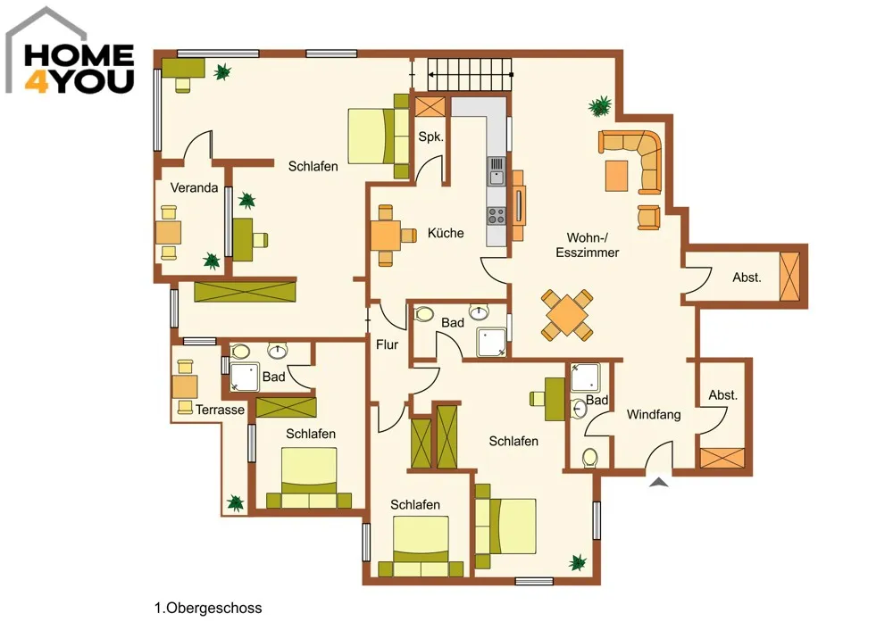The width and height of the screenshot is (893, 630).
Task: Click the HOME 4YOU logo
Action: pyautogui.click(x=71, y=51)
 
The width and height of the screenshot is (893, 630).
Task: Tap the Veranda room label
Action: pyautogui.click(x=194, y=187)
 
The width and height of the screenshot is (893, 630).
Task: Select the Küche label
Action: pyautogui.click(x=446, y=233)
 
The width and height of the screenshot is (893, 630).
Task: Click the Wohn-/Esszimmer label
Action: pyautogui.click(x=588, y=245)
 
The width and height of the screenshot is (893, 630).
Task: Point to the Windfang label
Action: pyautogui.click(x=654, y=414)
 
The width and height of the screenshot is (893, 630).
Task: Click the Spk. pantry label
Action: pyautogui.click(x=430, y=137)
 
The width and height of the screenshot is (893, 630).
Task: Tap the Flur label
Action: pyautogui.click(x=387, y=344)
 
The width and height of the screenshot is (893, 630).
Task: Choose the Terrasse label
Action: pyautogui.click(x=220, y=410)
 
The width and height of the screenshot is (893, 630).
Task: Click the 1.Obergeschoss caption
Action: pyautogui.click(x=208, y=608)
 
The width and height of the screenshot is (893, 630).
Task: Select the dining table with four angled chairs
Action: pyautogui.click(x=567, y=315)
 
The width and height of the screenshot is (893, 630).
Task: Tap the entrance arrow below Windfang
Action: pyautogui.click(x=659, y=483)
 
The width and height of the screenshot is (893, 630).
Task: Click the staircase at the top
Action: pyautogui.click(x=470, y=75)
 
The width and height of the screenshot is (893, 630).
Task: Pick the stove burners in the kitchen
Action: pyautogui.click(x=497, y=216)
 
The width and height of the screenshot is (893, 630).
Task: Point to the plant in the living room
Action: pyautogui.click(x=600, y=106)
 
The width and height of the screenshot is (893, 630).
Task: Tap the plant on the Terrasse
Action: pyautogui.click(x=235, y=503)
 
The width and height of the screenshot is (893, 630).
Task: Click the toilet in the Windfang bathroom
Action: pyautogui.click(x=590, y=458)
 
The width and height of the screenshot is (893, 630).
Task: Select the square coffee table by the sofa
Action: pyautogui.click(x=617, y=176)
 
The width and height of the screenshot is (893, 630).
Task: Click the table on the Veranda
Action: pyautogui.click(x=169, y=233)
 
